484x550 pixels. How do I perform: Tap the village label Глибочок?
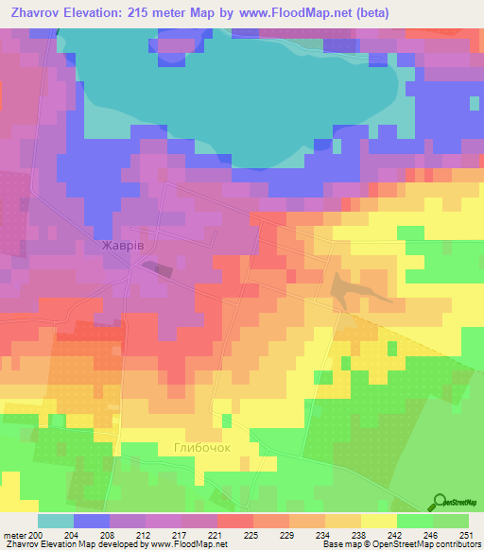point(201,447)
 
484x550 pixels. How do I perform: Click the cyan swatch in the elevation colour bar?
point(56,521)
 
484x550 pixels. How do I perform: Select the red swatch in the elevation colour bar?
point(234,521)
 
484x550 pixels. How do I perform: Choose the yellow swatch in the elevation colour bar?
point(378,521)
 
